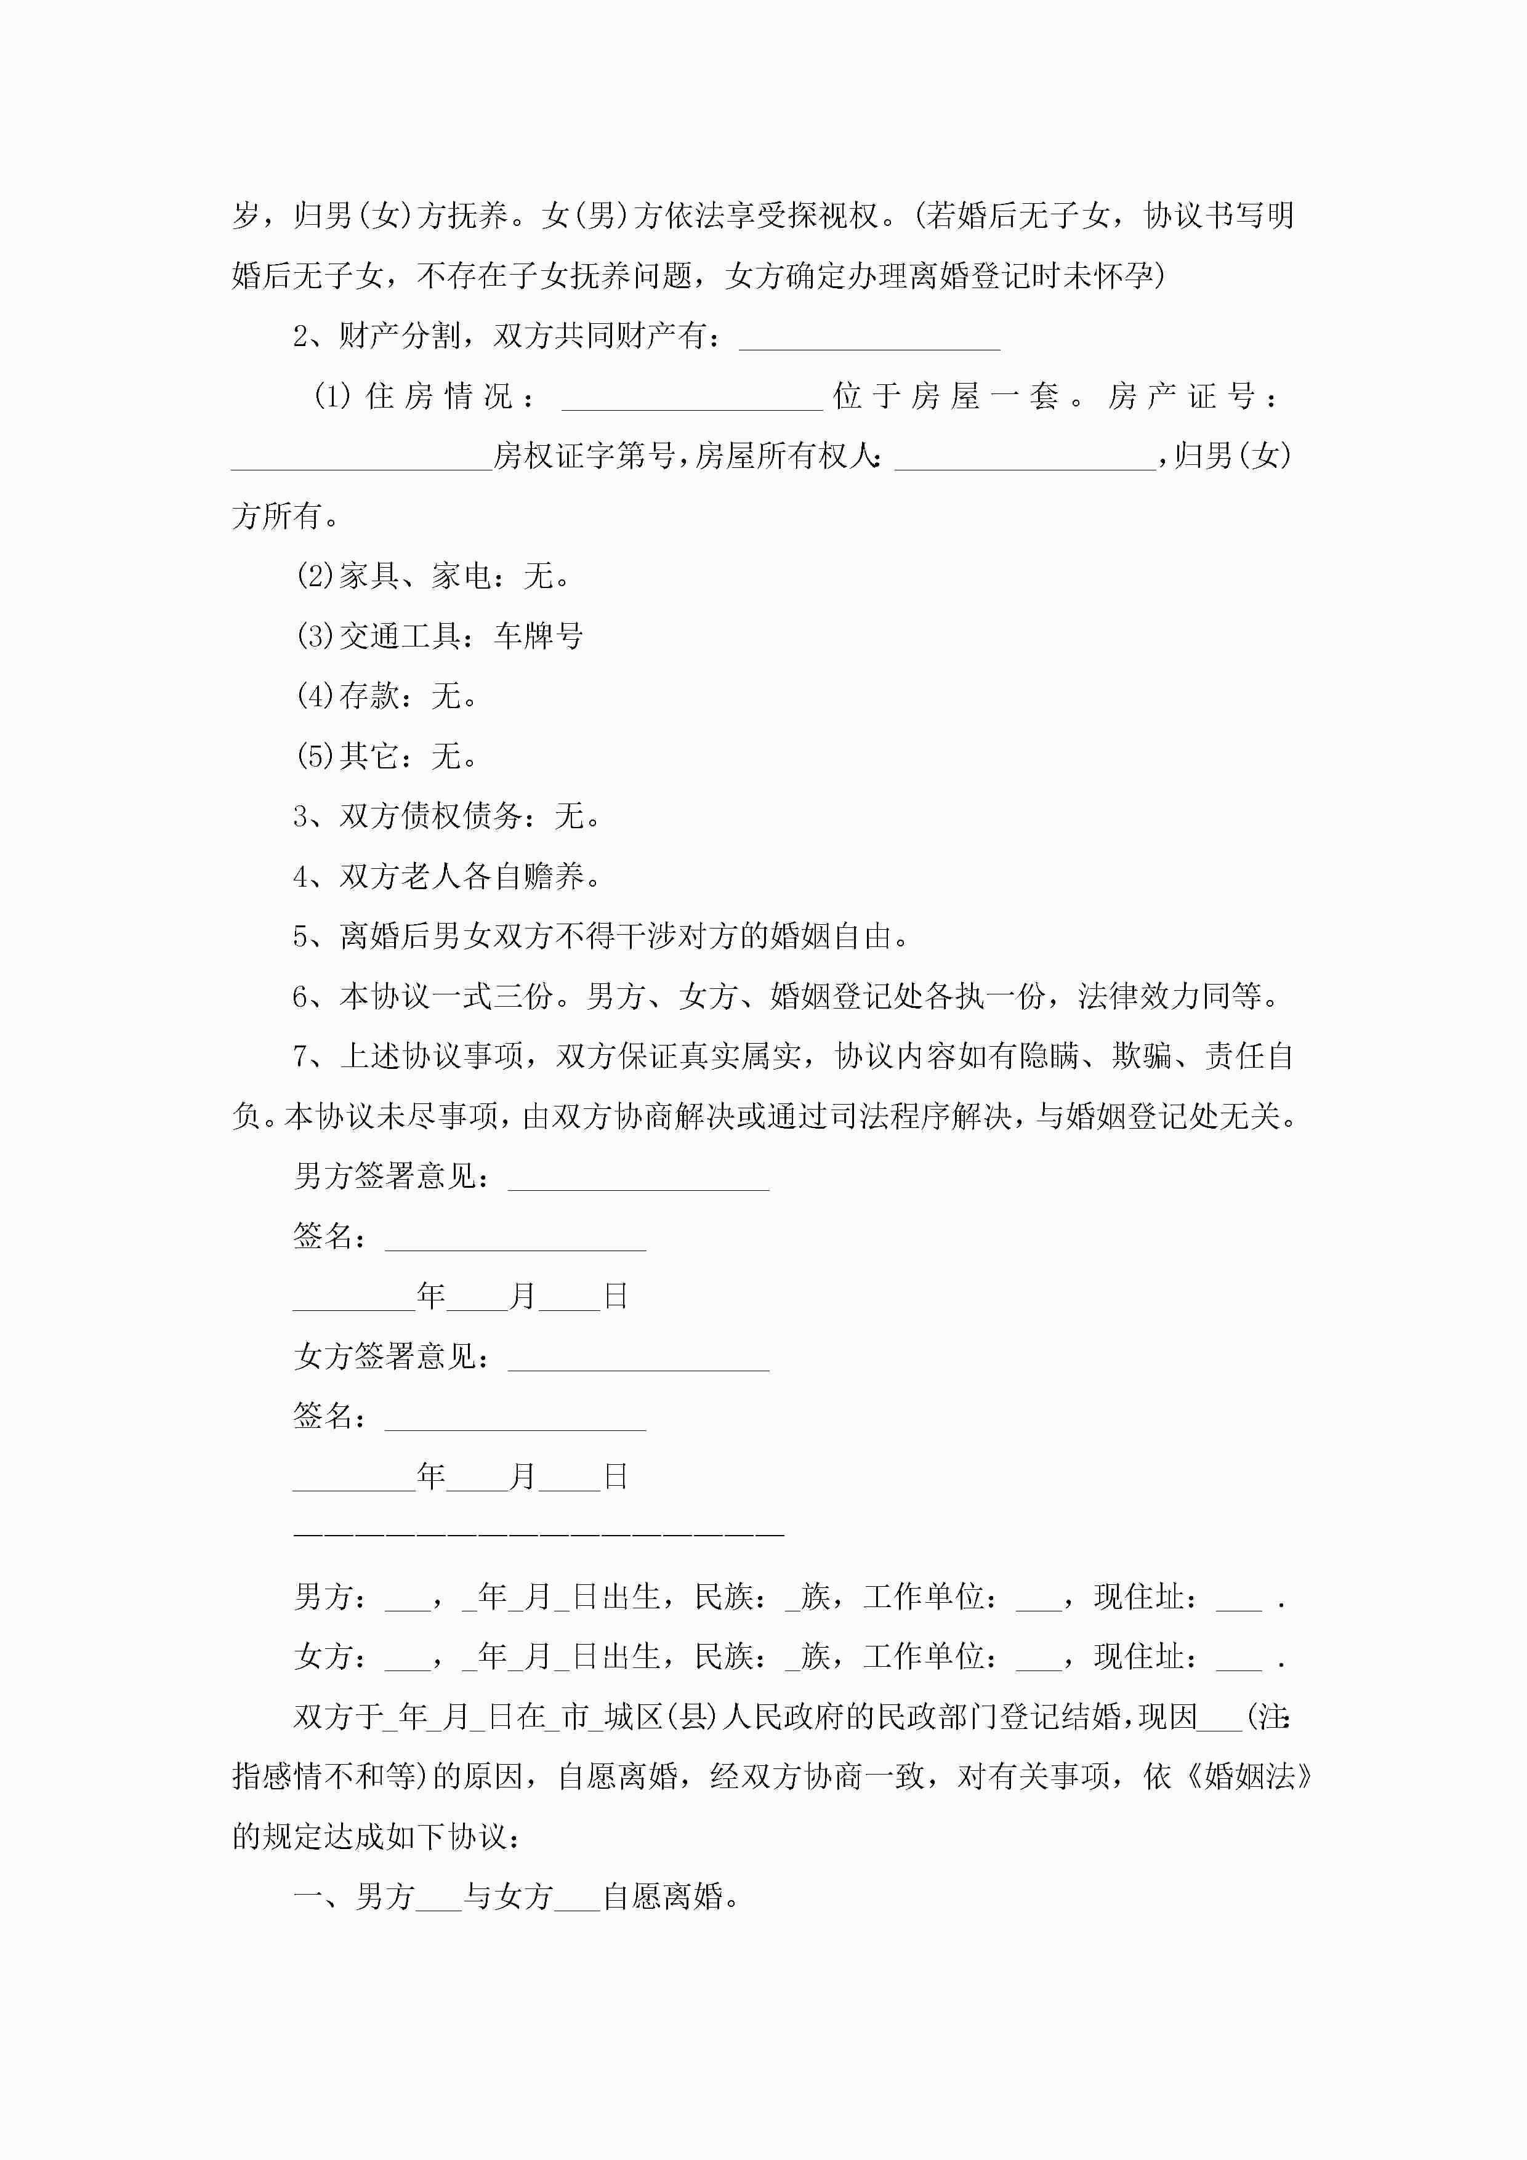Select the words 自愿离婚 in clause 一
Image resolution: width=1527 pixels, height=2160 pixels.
[x=663, y=1896]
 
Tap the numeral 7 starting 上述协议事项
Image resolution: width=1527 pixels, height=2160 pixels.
[x=301, y=1057]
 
